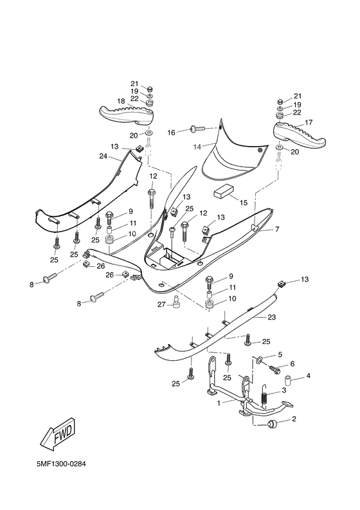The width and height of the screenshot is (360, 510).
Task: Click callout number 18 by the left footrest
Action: coord(120,102)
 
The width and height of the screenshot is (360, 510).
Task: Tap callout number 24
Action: coord(103,155)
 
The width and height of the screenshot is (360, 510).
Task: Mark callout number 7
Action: coord(277,230)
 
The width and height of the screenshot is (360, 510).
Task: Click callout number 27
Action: coord(161,304)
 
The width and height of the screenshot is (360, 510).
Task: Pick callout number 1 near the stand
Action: coord(218,403)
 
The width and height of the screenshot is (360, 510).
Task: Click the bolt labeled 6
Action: coord(275,370)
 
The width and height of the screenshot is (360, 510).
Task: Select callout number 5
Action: coord(279,354)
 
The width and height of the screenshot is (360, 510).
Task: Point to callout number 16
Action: coord(171,132)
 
